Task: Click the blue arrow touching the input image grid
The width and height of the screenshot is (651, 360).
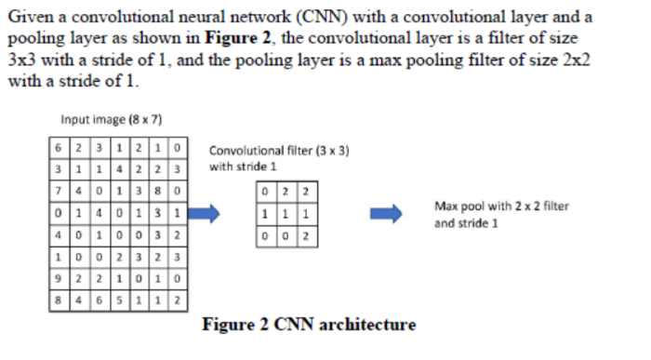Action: click(207, 213)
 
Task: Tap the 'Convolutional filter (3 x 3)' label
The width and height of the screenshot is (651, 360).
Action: click(279, 151)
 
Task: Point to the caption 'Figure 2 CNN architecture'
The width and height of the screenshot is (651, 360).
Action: click(309, 325)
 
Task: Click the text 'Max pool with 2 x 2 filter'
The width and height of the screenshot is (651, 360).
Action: click(501, 206)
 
